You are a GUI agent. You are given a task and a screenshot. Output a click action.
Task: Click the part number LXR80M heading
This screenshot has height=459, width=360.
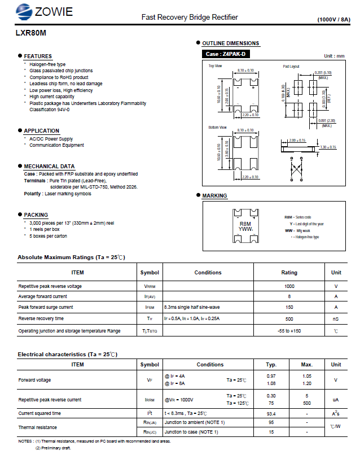click(x=31, y=33)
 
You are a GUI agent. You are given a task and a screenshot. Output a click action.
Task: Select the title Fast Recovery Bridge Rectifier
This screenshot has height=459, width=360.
click(x=190, y=18)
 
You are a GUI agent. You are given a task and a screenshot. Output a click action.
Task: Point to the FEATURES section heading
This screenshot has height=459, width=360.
click(x=38, y=56)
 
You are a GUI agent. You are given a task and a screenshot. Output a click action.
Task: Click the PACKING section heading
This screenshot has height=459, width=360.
click(x=36, y=215)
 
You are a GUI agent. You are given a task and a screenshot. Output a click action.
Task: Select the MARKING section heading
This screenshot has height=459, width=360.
click(x=214, y=195)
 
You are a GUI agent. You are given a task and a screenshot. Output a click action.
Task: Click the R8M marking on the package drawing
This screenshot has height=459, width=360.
click(x=245, y=224)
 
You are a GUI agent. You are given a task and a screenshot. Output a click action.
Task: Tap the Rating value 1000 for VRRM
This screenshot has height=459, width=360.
click(x=289, y=286)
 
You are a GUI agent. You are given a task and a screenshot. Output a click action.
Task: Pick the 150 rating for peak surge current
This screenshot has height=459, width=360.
click(x=289, y=307)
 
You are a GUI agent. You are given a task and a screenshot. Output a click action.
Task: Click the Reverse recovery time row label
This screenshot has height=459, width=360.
click(x=41, y=319)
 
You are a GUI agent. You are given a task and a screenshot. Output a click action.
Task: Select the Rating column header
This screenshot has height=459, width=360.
click(x=289, y=272)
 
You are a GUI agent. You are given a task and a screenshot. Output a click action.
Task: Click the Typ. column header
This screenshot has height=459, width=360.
click(x=271, y=365)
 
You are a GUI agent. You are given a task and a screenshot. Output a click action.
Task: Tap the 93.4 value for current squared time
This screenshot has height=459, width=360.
click(x=271, y=413)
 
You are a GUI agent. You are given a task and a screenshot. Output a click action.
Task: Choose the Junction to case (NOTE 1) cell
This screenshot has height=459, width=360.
click(x=191, y=432)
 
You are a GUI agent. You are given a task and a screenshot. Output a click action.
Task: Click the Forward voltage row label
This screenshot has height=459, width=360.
click(x=34, y=380)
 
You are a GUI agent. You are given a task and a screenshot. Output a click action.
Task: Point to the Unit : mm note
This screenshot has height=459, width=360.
click(x=334, y=56)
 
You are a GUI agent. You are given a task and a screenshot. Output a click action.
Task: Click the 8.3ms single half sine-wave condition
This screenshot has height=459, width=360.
click(x=192, y=307)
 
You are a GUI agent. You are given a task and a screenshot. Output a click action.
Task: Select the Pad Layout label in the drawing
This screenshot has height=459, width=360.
click(x=291, y=67)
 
